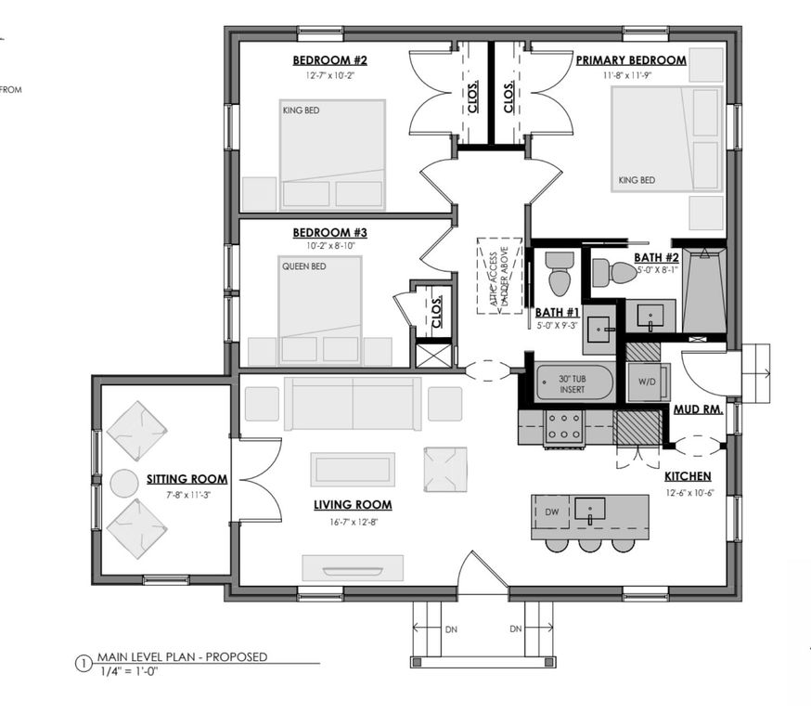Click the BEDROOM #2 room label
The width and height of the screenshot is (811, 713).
click(330, 61)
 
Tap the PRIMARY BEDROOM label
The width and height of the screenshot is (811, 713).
click(631, 61)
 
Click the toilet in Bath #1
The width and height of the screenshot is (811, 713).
click(559, 273)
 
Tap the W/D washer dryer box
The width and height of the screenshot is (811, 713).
click(643, 382)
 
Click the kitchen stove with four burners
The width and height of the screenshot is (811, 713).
click(562, 427)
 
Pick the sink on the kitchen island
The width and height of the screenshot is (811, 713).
click(590, 509)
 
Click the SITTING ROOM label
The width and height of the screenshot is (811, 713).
click(187, 479)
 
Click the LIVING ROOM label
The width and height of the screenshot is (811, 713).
click(352, 505)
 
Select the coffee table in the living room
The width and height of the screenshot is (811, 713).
click(353, 469)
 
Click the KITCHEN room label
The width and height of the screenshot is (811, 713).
click(689, 476)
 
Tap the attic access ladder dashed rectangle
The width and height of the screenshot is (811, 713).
click(498, 275)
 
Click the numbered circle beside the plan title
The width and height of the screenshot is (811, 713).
click(82, 664)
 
